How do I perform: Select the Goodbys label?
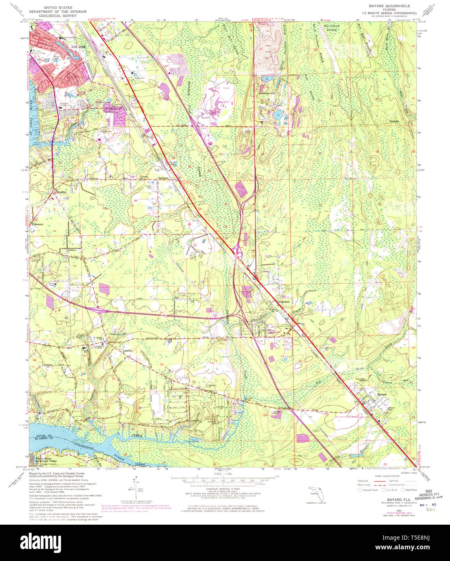(x=62, y=193)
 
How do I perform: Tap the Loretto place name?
(x=128, y=351)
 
